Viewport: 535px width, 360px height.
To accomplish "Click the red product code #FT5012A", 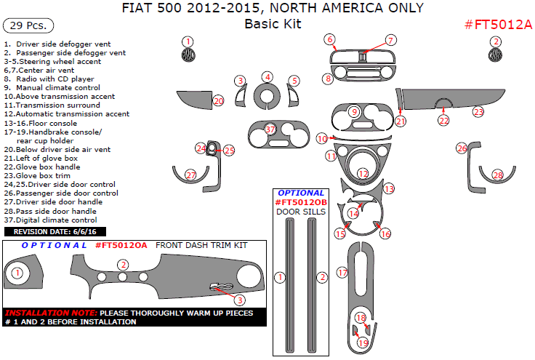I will coord(498,25).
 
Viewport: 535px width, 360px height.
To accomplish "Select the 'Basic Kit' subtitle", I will coord(273,24).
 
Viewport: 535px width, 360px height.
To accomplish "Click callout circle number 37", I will coord(270,129).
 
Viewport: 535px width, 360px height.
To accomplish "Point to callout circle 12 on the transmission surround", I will coord(363,174).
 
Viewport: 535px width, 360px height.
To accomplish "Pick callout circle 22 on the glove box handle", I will coord(443,120).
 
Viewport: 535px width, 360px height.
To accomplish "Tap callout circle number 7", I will coord(390,41).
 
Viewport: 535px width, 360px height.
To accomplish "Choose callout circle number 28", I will coord(498,175).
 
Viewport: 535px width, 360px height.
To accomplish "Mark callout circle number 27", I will coord(190,175).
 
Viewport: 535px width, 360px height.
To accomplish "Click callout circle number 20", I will coord(218,100).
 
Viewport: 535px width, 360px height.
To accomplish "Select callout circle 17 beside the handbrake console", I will coord(342,272).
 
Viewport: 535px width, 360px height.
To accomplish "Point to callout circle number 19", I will coord(363,342).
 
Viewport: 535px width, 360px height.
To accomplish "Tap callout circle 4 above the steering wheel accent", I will coord(267,77).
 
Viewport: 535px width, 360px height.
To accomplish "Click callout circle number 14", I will coord(353,212).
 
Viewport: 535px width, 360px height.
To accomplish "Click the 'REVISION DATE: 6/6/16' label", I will coord(55,231).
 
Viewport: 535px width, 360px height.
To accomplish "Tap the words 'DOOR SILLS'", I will coord(301,212).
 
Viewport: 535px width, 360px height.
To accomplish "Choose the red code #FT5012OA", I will coord(121,245).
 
